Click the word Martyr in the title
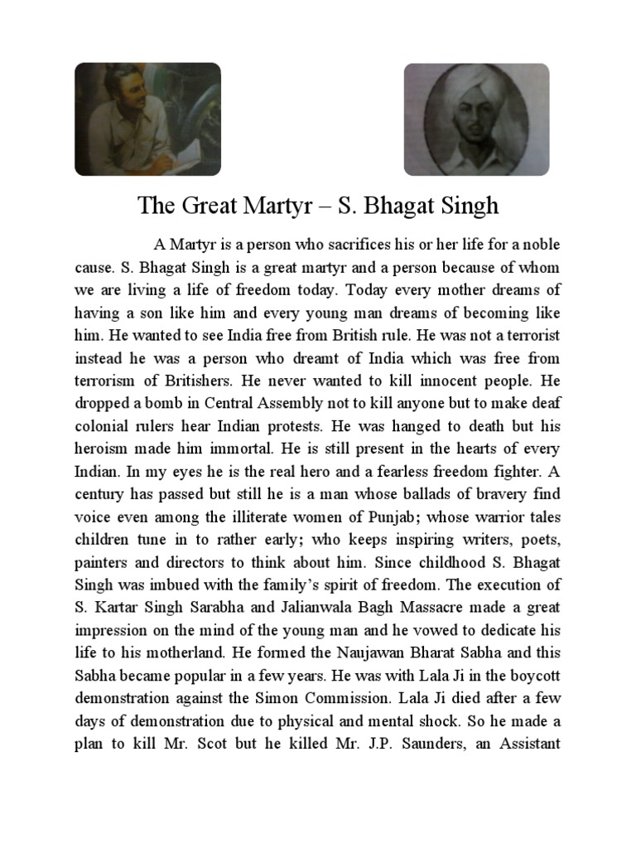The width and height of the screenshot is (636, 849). [281, 206]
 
